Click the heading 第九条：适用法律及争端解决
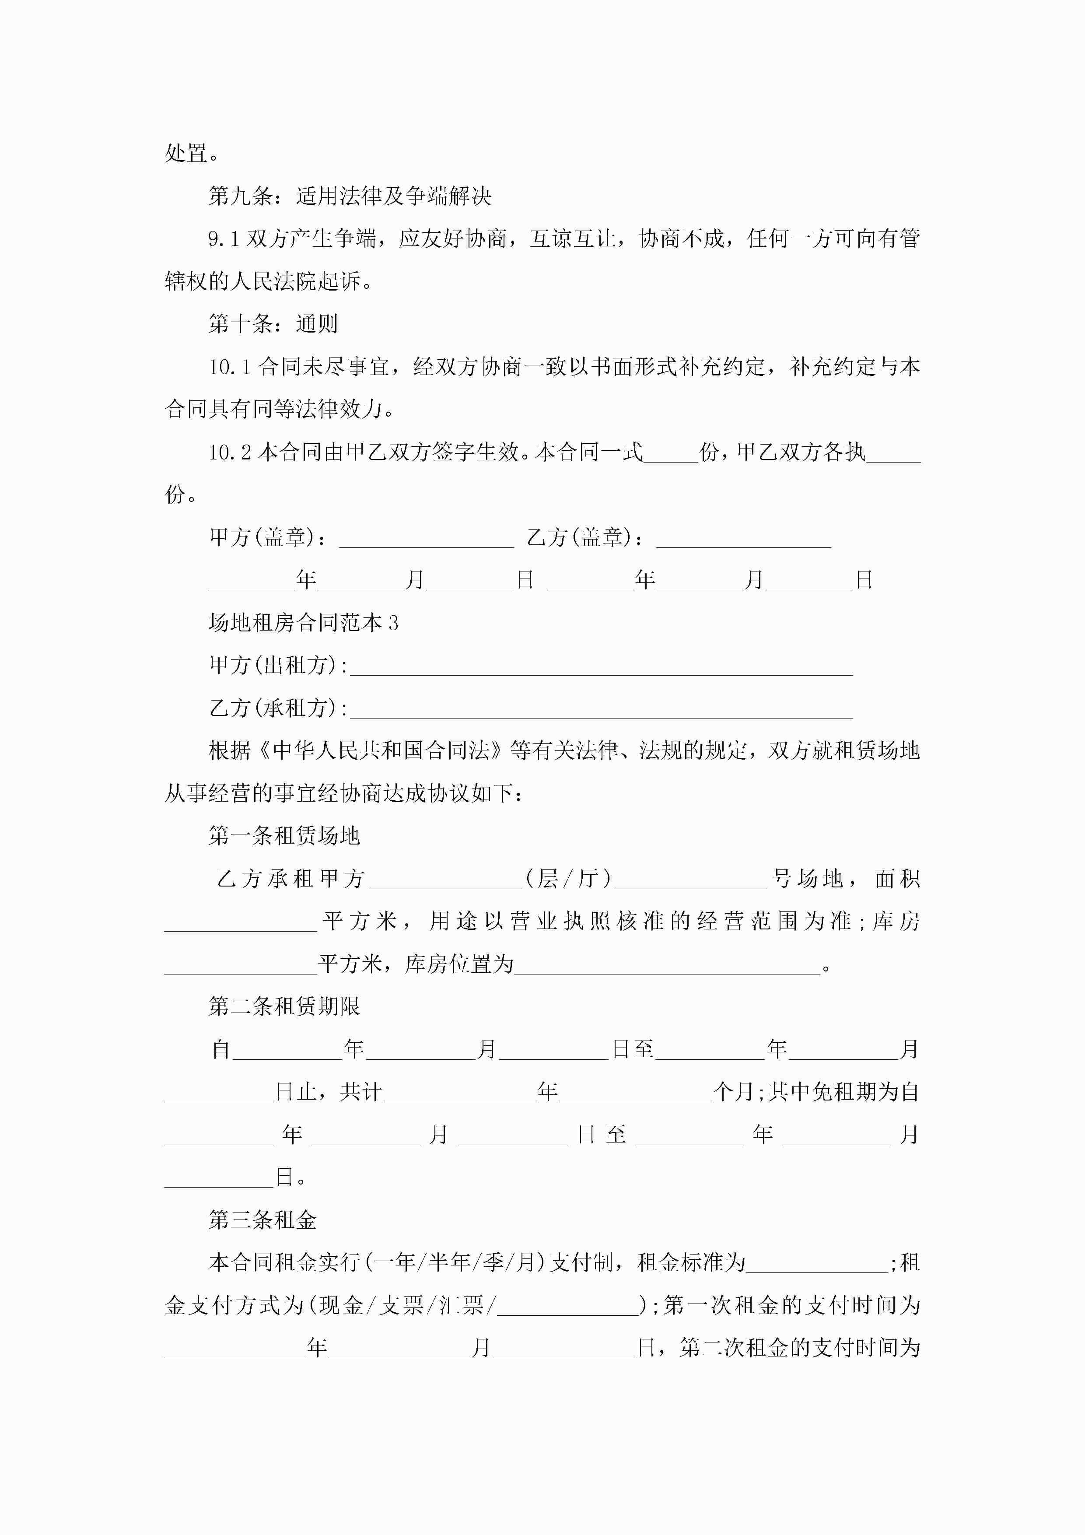tap(350, 196)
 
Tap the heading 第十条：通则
tap(273, 323)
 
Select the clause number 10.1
tap(229, 366)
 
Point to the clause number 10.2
tap(229, 452)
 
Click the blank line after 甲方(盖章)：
tap(427, 539)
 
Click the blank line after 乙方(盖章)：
tap(743, 539)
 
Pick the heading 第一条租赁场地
tap(284, 836)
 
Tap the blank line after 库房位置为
tap(666, 965)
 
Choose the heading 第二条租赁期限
tap(284, 1006)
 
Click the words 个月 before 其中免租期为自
tap(733, 1092)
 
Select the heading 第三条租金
tap(262, 1220)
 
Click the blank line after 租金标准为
tap(817, 1264)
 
